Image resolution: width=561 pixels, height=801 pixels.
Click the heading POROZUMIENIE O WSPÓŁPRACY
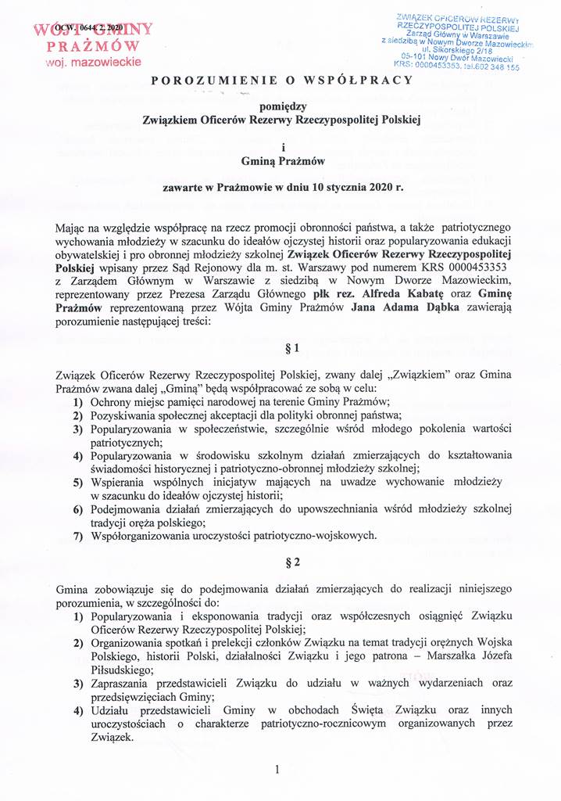pyautogui.click(x=280, y=81)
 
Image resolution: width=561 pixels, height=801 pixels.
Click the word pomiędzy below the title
pyautogui.click(x=280, y=107)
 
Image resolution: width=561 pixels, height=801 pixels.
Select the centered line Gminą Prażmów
pyautogui.click(x=280, y=162)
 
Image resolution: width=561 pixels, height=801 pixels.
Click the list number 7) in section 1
pyautogui.click(x=78, y=536)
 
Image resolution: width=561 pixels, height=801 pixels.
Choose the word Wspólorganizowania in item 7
pyautogui.click(x=138, y=536)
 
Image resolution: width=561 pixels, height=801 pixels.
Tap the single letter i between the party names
pyautogui.click(x=280, y=146)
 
